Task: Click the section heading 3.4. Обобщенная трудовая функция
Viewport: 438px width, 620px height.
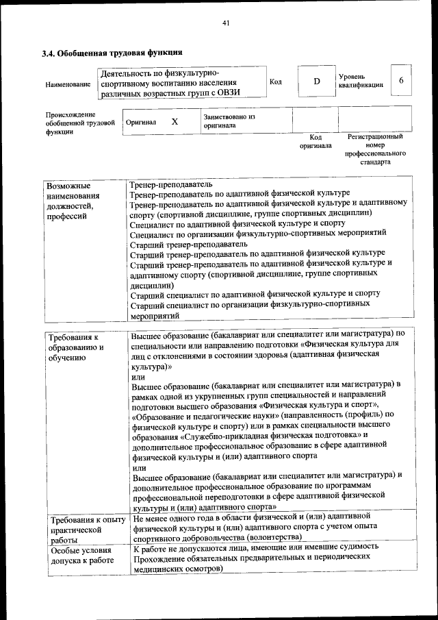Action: pyautogui.click(x=112, y=53)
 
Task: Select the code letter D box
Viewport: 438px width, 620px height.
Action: pyautogui.click(x=317, y=82)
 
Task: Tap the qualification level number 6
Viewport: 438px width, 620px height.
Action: pyautogui.click(x=401, y=81)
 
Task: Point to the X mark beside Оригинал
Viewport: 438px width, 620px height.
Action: pyautogui.click(x=175, y=121)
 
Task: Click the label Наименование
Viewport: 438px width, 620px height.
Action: pyautogui.click(x=68, y=84)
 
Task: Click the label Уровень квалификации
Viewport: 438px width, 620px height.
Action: pyautogui.click(x=360, y=81)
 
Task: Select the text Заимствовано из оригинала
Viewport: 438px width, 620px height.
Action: pyautogui.click(x=229, y=121)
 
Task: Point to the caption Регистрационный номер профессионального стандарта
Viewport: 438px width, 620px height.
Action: pyautogui.click(x=374, y=150)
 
